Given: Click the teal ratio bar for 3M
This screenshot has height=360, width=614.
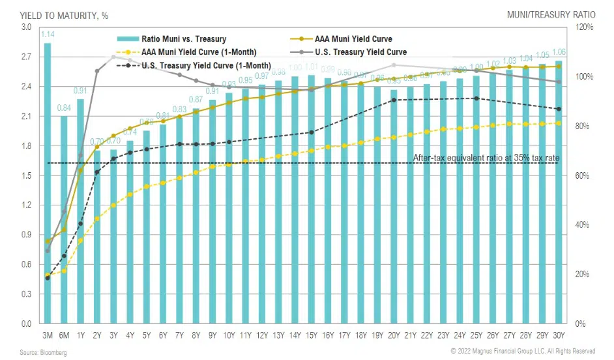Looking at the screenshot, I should pos(48,183).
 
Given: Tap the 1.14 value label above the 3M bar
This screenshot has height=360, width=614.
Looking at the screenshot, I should pos(48,35).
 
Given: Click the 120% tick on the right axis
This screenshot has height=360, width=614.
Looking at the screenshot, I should pos(585,27).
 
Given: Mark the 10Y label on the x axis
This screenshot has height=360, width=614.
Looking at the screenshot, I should pos(229,335).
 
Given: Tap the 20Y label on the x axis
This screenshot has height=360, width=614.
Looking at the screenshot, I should pos(394,335).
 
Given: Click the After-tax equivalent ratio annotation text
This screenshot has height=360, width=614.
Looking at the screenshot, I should pos(486,157).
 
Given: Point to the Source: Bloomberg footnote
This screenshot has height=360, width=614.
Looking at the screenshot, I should pos(43,353).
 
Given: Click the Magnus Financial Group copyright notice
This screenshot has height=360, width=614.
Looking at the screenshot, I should pos(523,352).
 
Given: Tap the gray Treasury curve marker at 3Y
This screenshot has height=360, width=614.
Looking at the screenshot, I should pos(113,57).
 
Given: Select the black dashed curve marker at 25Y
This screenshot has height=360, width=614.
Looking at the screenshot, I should pos(476,98).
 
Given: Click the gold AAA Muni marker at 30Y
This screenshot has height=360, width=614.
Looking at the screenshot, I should pos(559,66).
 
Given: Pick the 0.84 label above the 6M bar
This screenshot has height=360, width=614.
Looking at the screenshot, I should pos(65,108).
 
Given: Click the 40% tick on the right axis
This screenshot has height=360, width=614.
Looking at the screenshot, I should pos(585,225).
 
